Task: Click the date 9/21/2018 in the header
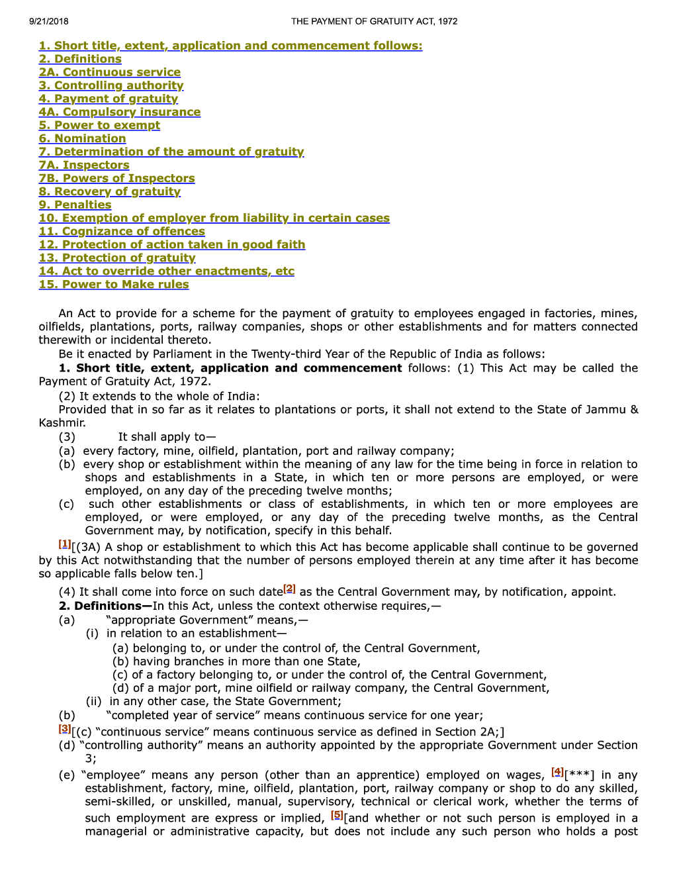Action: (48, 21)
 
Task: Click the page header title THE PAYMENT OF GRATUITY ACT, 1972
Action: (374, 21)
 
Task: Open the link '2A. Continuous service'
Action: (109, 72)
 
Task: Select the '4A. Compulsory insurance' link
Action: (119, 112)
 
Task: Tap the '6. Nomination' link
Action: (82, 138)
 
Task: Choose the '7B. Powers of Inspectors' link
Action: (116, 178)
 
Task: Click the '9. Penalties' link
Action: (75, 205)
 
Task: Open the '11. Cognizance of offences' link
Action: (122, 231)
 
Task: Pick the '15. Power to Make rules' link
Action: (114, 284)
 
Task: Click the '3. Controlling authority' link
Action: (111, 85)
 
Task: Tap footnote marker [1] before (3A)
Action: (64, 544)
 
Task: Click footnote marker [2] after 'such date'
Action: (289, 589)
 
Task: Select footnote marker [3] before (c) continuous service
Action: (64, 729)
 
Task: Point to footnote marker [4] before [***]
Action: (557, 772)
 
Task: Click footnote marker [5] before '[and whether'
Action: (337, 815)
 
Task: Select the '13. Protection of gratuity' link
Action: (117, 258)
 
